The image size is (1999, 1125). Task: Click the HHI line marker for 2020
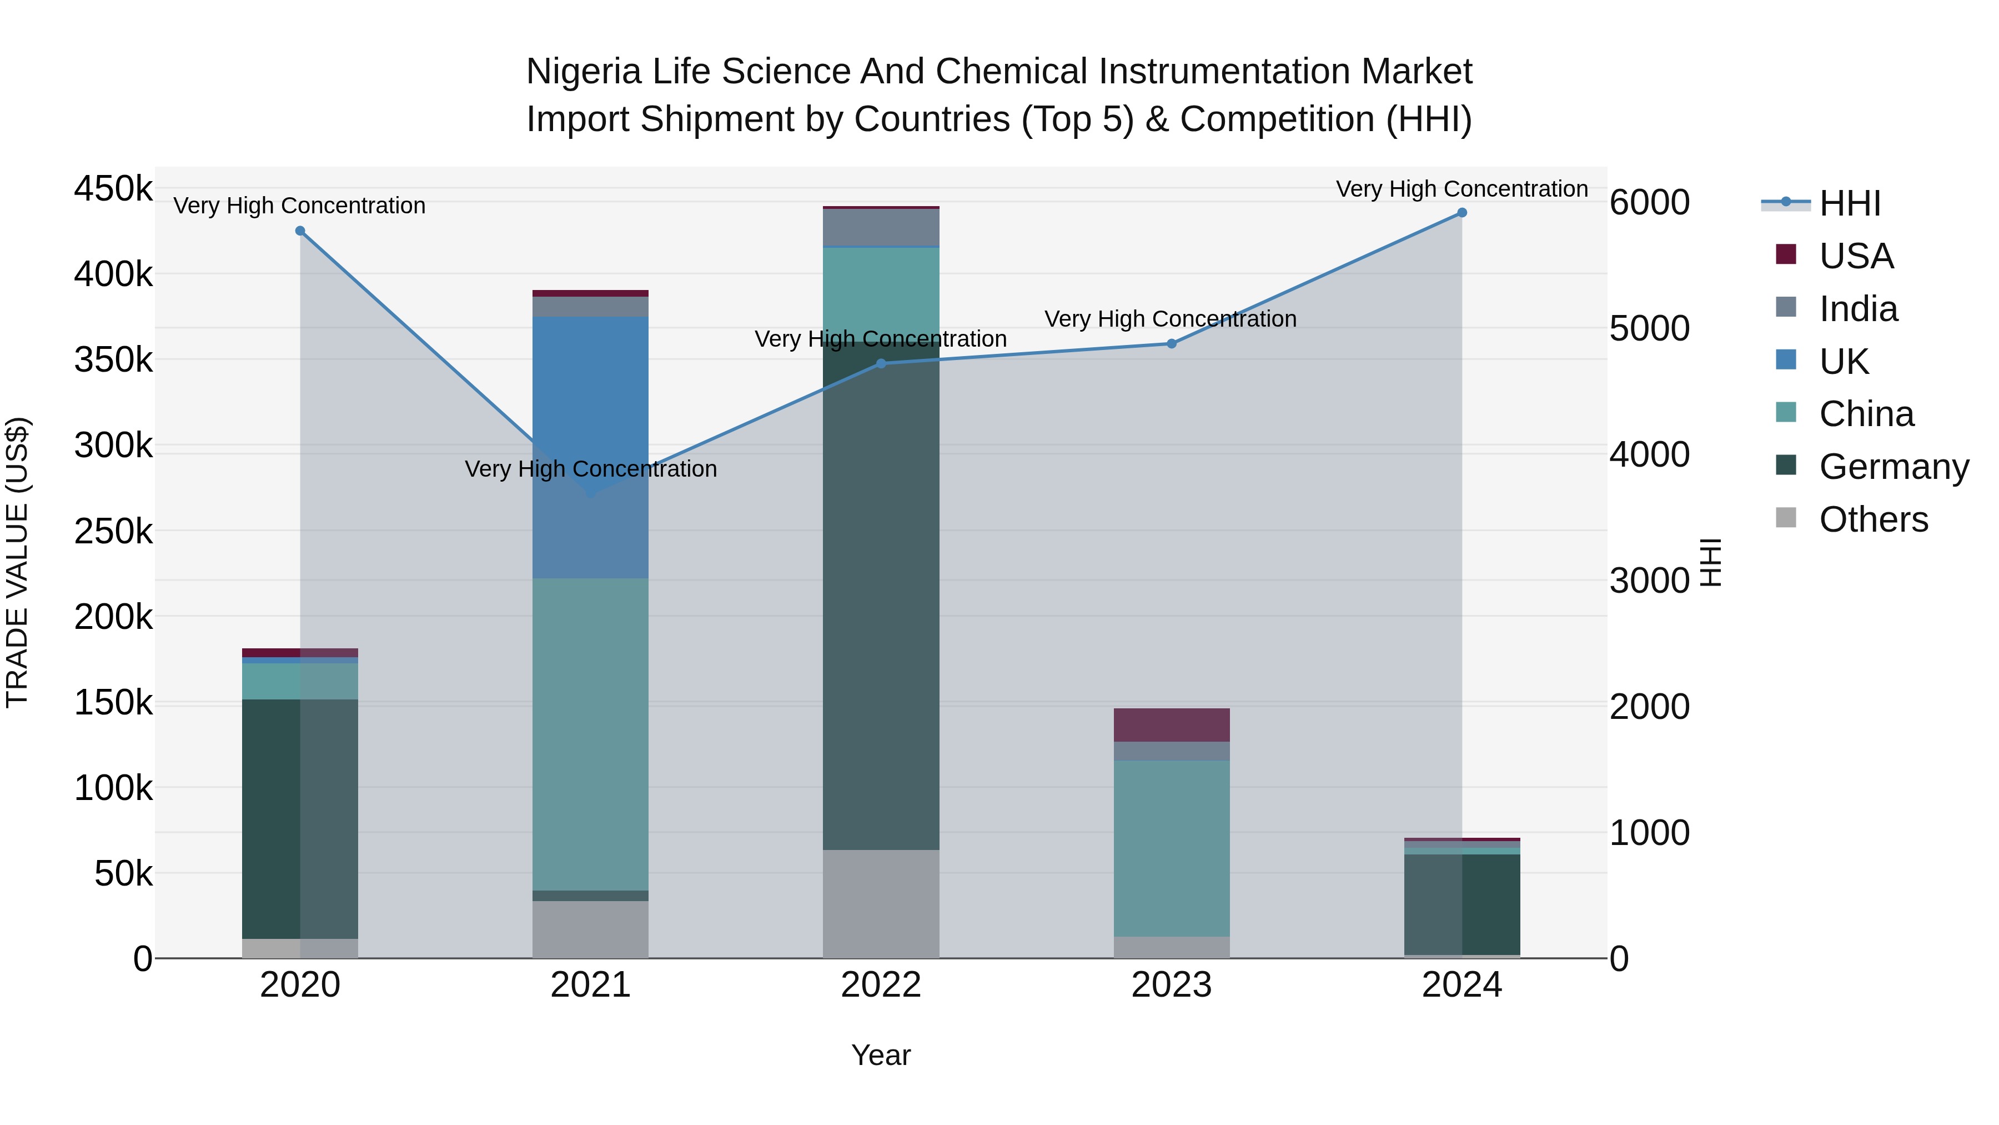300,231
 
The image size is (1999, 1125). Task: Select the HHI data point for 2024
1462,213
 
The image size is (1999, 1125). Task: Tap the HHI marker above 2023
1172,343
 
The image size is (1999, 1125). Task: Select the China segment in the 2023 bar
1172,848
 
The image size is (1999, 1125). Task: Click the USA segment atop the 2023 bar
1172,724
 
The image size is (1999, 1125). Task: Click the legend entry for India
1858,309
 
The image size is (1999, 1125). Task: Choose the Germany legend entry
1893,467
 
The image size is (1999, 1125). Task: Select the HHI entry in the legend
1849,203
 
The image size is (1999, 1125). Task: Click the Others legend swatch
1786,518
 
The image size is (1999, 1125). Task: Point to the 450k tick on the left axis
113,189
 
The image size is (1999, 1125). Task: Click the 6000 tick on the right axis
1649,203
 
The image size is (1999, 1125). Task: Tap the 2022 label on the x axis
881,984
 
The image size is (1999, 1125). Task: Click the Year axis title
881,1055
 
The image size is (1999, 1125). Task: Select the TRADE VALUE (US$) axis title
18,562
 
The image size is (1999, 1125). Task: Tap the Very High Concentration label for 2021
591,469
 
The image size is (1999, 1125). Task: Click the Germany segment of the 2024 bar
1462,904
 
